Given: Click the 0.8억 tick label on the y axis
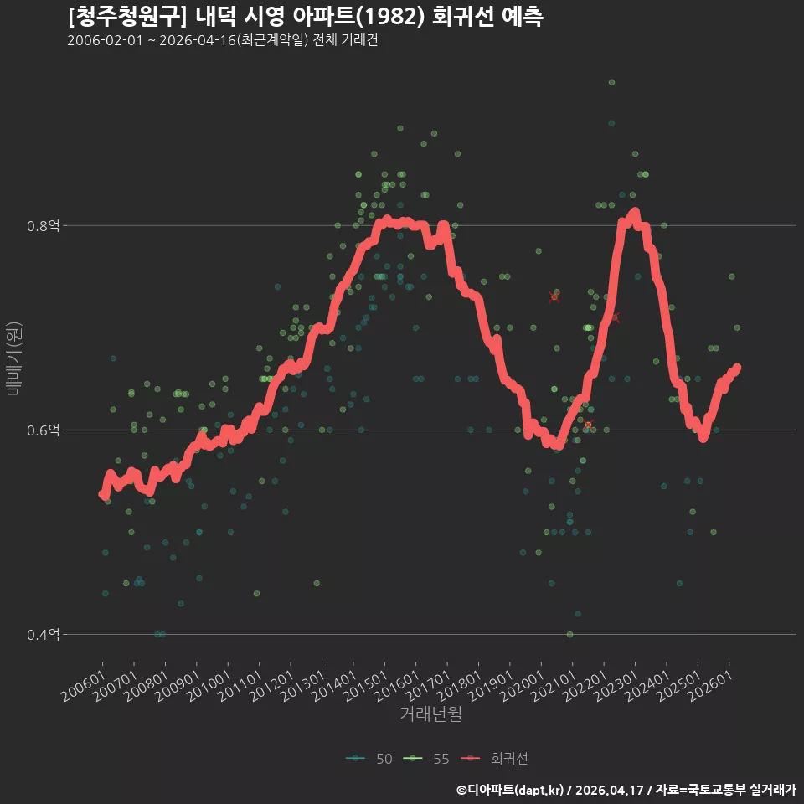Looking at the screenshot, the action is (43, 225).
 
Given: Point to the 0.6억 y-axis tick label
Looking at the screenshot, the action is (43, 430).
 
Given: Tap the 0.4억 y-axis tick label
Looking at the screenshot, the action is (43, 635).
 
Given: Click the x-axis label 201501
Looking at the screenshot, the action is (366, 686).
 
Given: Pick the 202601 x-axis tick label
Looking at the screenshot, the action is (711, 686).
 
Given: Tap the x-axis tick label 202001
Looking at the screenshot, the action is (523, 686).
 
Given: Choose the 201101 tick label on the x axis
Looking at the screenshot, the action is (240, 686).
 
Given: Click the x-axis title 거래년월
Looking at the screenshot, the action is (430, 714).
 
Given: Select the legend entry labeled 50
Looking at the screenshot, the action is (369, 759).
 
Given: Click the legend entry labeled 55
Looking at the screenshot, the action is (426, 759).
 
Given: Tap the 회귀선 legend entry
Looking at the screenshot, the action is (494, 759).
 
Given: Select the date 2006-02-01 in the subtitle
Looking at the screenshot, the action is (105, 40).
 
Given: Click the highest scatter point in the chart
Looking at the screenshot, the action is (611, 83).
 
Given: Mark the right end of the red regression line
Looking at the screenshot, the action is (737, 367).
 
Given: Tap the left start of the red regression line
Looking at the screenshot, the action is (102, 494).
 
